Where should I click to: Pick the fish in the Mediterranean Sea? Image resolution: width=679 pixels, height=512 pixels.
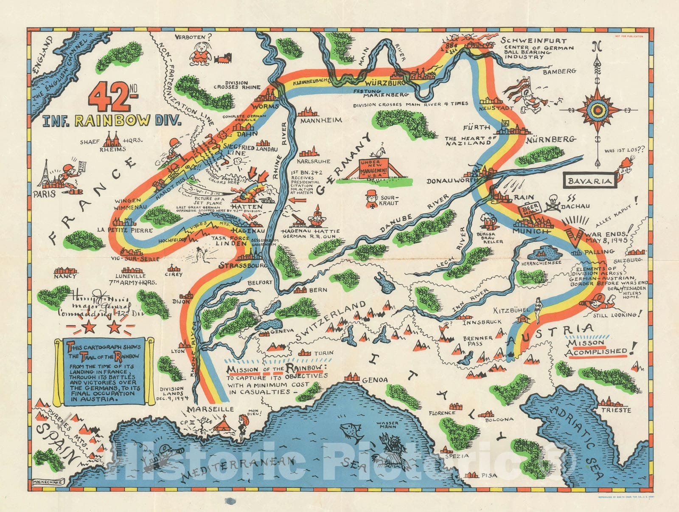[x=351, y=431]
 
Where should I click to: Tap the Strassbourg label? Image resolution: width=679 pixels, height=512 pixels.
[x=243, y=266]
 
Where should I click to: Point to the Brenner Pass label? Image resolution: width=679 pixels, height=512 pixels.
[x=477, y=340]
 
